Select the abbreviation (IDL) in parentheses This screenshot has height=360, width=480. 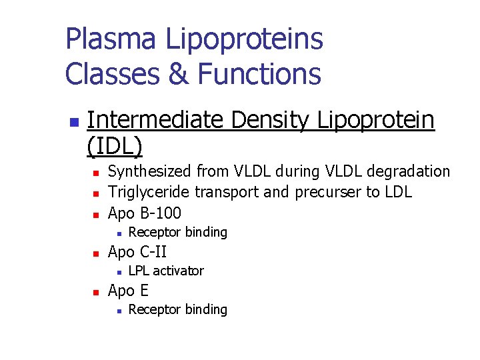pyautogui.click(x=115, y=145)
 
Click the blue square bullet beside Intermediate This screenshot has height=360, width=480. pyautogui.click(x=74, y=123)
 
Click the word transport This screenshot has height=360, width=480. pyautogui.click(x=223, y=193)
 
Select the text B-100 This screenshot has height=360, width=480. pyautogui.click(x=159, y=213)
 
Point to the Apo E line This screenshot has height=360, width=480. pyautogui.click(x=128, y=291)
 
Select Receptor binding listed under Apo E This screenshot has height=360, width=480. pyautogui.click(x=177, y=309)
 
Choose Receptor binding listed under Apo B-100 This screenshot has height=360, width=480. pyautogui.click(x=177, y=232)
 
